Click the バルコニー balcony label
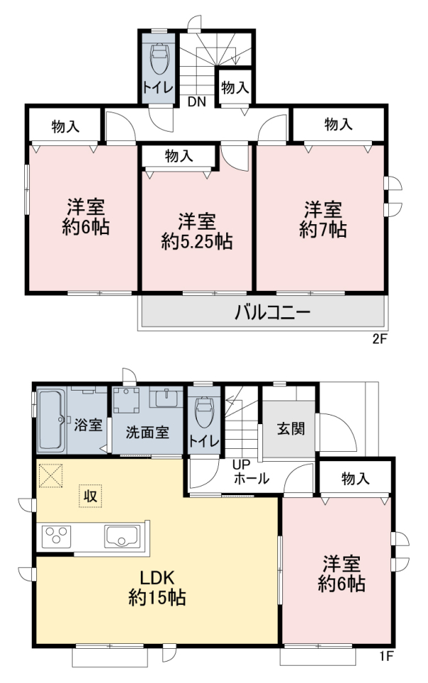pyautogui.click(x=272, y=312)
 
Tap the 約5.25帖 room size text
pyautogui.click(x=197, y=241)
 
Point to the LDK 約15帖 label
pyautogui.click(x=157, y=588)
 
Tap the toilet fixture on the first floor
pyautogui.click(x=204, y=412)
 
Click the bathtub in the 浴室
pyautogui.click(x=51, y=420)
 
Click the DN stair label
pyautogui.click(x=197, y=102)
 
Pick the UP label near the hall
pyautogui.click(x=241, y=465)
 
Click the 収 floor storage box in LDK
pyautogui.click(x=90, y=496)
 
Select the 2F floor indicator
pyautogui.click(x=380, y=339)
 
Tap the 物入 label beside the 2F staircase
pyautogui.click(x=235, y=88)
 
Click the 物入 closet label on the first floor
pyautogui.click(x=355, y=479)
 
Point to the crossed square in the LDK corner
pyautogui.click(x=50, y=476)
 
